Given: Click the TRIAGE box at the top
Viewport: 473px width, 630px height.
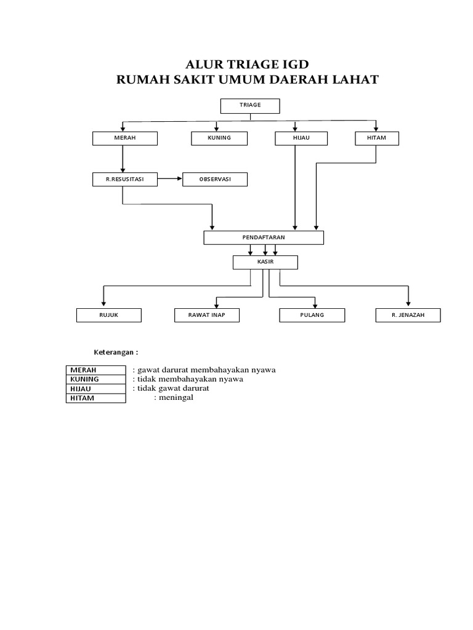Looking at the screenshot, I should [250, 106].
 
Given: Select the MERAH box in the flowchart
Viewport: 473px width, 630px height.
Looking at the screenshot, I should [124, 138].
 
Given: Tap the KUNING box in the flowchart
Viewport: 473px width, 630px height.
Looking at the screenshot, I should [219, 138].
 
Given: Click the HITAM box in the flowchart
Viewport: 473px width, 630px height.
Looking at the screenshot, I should [376, 138].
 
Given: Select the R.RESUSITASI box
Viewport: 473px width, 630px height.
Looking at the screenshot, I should [124, 179].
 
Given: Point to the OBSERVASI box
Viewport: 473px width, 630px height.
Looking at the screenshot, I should [215, 179].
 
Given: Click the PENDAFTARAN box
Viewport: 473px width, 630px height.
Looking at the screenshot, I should [263, 237].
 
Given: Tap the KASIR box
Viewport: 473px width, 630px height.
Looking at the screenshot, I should [265, 263].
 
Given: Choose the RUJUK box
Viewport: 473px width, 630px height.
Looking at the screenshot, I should [109, 316].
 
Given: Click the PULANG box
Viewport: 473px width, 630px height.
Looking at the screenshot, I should [312, 316].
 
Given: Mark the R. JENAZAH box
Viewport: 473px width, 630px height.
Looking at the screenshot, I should [408, 316].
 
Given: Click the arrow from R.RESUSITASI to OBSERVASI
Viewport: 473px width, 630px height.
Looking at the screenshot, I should [170, 179].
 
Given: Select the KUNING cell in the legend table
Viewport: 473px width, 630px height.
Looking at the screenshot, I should [95, 379].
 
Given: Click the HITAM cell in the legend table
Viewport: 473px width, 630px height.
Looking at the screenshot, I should [95, 398].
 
